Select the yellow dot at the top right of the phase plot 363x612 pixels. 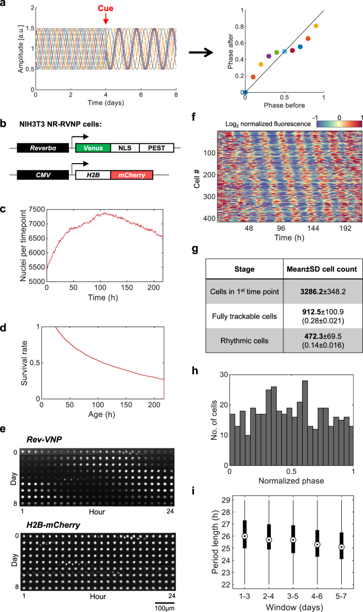316,26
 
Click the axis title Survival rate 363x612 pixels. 23,363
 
